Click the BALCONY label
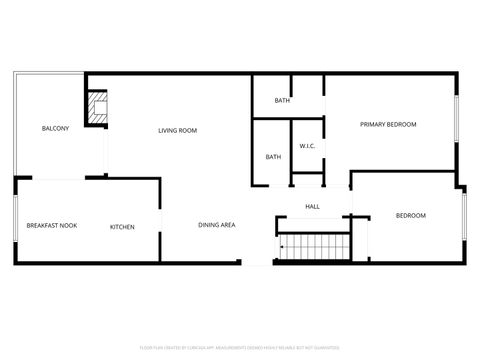(x=55, y=129)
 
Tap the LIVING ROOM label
(x=177, y=130)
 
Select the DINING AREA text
(x=216, y=225)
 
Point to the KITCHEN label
(x=122, y=227)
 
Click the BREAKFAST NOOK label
(x=52, y=226)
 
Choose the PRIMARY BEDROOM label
(x=388, y=124)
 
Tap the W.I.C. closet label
(x=308, y=147)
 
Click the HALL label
(x=312, y=207)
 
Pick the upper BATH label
(x=283, y=100)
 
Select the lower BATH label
(x=273, y=157)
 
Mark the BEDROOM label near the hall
(x=410, y=216)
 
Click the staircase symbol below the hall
(x=314, y=246)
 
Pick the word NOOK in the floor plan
(x=68, y=226)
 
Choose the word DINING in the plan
(x=207, y=225)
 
